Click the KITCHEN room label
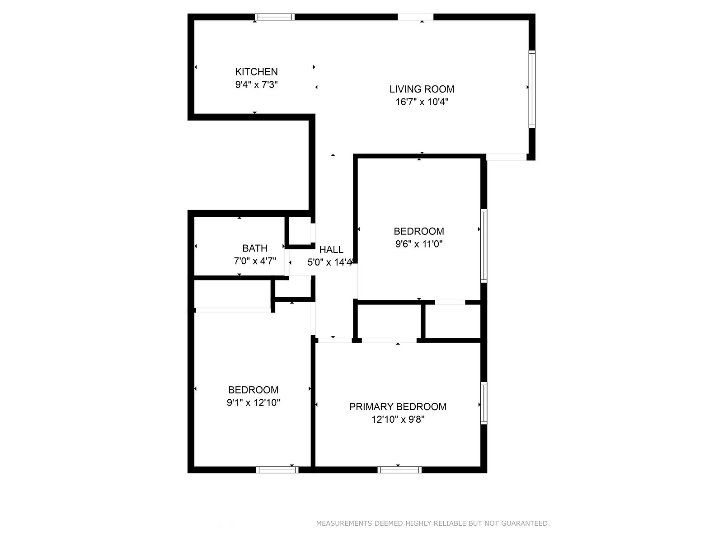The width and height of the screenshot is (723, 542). [x=256, y=72]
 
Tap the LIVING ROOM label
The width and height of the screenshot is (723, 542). [x=422, y=89]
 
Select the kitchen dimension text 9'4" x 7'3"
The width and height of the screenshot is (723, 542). [x=256, y=84]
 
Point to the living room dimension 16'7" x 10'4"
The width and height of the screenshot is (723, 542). [x=422, y=102]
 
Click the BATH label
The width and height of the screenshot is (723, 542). [x=254, y=248]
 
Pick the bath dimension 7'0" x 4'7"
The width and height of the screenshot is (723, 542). [x=254, y=261]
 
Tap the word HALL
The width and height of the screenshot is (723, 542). [x=331, y=249]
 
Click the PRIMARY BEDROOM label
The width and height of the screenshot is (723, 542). [x=398, y=407]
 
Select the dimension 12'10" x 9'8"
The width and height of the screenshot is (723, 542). [x=398, y=420]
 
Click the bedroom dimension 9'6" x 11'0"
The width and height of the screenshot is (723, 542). [x=418, y=244]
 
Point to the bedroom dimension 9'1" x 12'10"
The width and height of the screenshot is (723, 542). [x=254, y=403]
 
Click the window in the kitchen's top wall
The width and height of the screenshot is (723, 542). [x=275, y=17]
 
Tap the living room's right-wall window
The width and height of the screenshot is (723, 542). [x=532, y=89]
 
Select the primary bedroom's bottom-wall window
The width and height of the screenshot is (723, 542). [x=399, y=470]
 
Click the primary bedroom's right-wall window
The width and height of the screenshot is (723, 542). [x=484, y=403]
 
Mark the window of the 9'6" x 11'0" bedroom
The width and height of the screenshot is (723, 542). [x=484, y=246]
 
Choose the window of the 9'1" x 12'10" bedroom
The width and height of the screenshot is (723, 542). [x=277, y=470]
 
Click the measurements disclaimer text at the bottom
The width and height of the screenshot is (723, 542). [x=433, y=523]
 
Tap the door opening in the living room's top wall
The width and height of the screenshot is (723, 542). [x=415, y=17]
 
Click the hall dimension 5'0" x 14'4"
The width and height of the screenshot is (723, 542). [x=330, y=262]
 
